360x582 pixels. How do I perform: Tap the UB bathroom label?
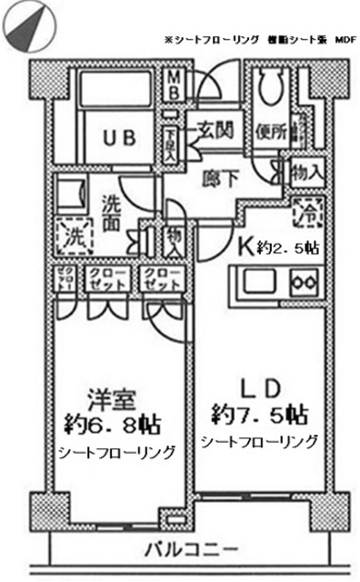(120, 138)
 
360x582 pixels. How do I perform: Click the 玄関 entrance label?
(215, 129)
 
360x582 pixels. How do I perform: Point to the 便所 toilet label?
(271, 131)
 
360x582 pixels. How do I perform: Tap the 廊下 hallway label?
(222, 179)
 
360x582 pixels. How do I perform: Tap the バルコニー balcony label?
(192, 550)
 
